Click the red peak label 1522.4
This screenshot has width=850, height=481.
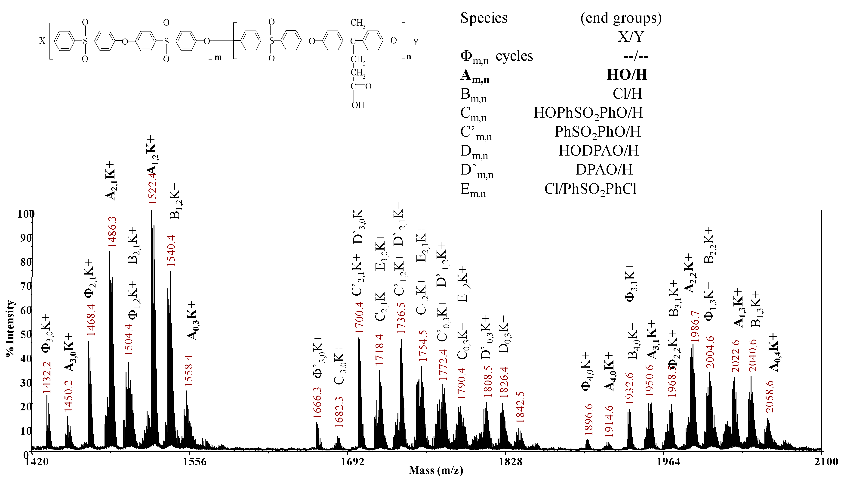point(152,188)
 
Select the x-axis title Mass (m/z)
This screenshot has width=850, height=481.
point(436,470)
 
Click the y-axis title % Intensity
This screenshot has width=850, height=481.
point(11,328)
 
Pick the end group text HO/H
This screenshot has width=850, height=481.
point(627,75)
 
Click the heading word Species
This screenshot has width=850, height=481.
point(484,18)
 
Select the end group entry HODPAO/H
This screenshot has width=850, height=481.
point(598,151)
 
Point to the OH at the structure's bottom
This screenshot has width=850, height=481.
point(358,105)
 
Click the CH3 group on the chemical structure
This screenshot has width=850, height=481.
point(358,23)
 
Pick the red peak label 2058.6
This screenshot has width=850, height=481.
point(770,397)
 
